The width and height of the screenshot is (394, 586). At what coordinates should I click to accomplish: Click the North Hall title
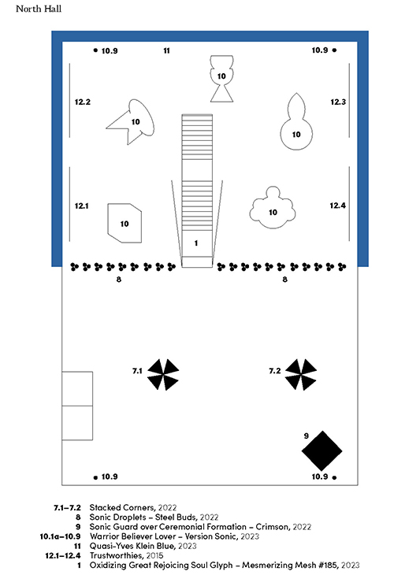coord(39,9)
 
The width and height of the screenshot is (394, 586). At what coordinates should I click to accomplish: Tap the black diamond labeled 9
coord(322,451)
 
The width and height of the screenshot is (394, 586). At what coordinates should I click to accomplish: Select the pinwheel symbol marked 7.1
coord(163,374)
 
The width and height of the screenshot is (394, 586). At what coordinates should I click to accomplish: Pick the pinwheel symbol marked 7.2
coord(300,374)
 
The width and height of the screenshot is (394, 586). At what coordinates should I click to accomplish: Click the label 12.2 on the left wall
coord(82,102)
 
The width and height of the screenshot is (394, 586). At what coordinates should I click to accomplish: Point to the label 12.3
coord(338,102)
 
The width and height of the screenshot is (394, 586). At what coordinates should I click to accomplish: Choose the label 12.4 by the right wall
coord(337,206)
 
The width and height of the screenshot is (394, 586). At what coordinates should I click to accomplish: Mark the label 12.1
coord(81,206)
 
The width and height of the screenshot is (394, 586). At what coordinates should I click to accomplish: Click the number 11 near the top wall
coord(167,50)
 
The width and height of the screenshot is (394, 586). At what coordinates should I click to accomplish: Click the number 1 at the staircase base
coord(196,243)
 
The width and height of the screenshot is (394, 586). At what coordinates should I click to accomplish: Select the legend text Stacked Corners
coord(122,507)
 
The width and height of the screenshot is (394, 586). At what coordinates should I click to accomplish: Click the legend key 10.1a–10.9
coord(60,536)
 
